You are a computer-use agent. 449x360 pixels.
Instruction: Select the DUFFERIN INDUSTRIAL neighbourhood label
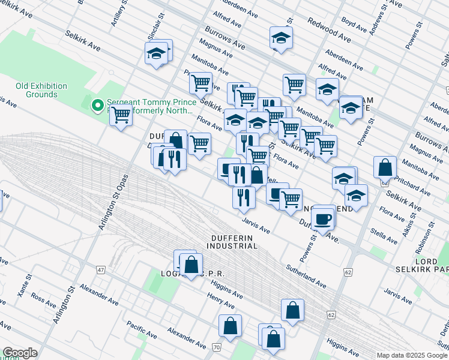point(232,242)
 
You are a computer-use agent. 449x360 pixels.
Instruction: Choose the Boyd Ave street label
point(354,25)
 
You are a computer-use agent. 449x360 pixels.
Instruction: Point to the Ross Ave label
point(43,298)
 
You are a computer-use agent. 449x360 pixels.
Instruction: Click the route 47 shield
point(100,270)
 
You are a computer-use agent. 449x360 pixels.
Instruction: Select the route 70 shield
point(217,347)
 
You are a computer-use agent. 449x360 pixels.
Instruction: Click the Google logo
point(20,353)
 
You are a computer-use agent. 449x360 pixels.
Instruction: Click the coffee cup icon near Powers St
point(324,219)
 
